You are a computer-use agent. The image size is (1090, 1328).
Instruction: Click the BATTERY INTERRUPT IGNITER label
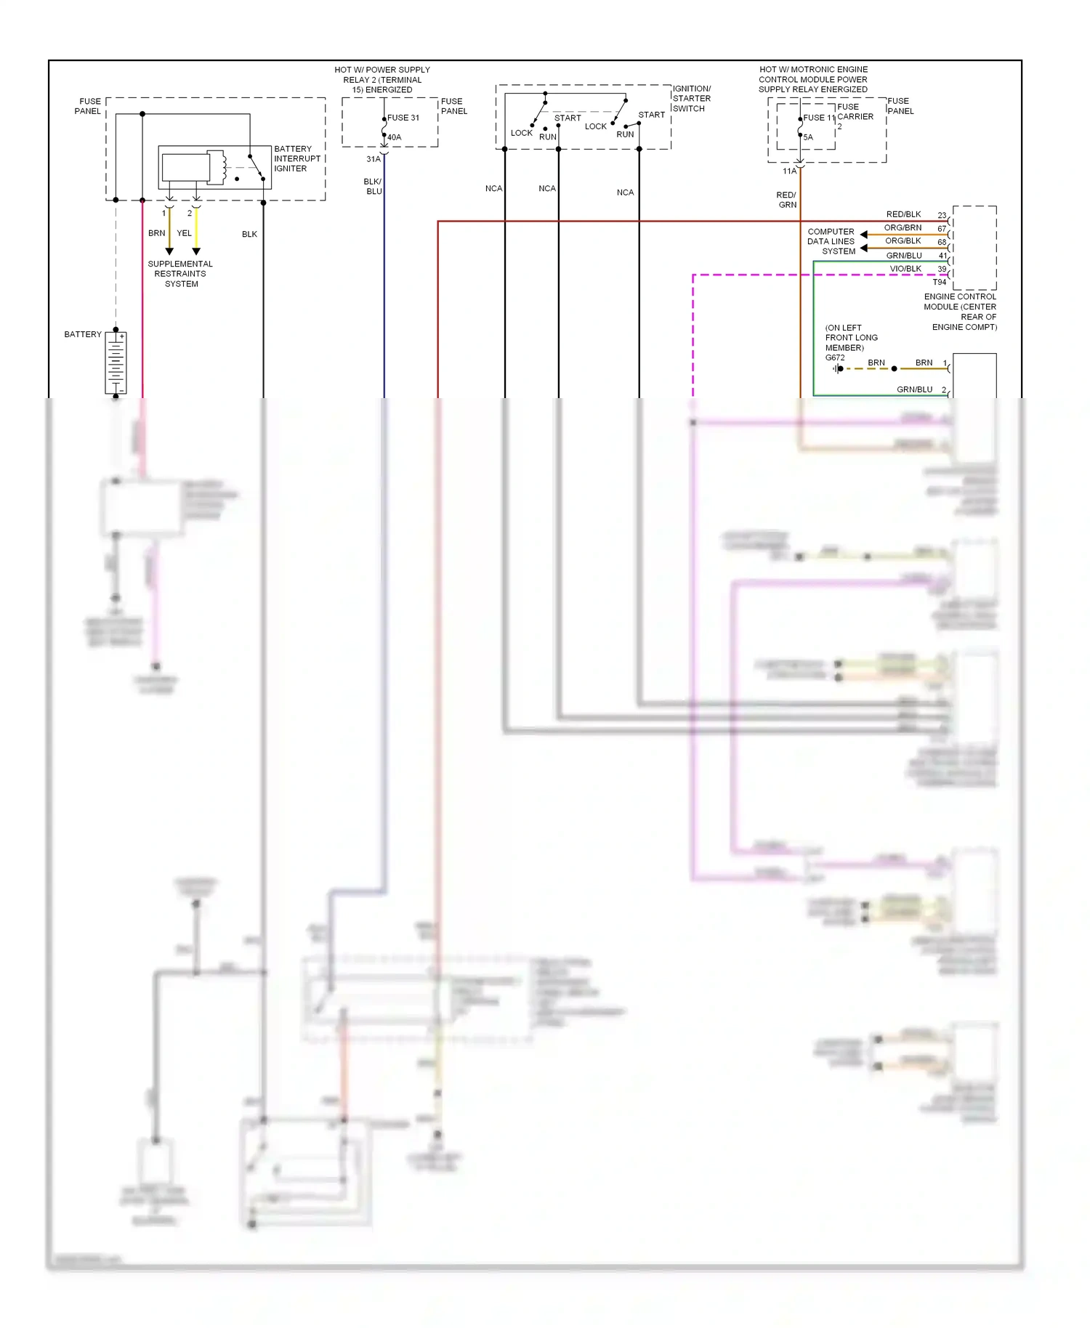tap(296, 158)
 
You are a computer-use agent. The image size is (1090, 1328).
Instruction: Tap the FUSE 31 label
tap(403, 118)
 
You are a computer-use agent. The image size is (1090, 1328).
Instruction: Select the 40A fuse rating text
tap(394, 137)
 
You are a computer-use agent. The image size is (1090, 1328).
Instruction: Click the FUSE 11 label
tap(819, 118)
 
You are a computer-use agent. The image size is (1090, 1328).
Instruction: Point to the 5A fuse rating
tap(808, 137)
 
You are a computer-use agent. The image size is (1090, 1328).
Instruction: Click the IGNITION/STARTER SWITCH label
tap(691, 99)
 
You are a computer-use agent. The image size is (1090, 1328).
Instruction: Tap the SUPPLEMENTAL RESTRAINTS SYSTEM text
tap(180, 274)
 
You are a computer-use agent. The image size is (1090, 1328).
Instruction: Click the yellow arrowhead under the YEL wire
tap(196, 251)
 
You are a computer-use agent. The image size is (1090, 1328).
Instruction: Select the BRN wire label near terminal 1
tap(156, 233)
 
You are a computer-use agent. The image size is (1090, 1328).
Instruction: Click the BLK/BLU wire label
tap(374, 187)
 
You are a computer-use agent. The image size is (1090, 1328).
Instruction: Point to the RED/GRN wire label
tap(786, 200)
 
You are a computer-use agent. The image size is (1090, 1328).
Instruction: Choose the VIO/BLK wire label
tap(905, 269)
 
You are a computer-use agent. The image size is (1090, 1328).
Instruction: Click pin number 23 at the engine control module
tap(942, 215)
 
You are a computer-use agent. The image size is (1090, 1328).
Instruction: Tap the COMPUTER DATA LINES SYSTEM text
tap(831, 241)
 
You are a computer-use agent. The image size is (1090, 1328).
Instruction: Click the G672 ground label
tap(835, 357)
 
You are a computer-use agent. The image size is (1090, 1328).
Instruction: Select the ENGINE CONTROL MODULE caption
tap(960, 312)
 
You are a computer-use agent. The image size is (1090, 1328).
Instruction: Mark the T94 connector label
tap(940, 282)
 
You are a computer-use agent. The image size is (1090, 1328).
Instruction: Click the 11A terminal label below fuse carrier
tap(789, 171)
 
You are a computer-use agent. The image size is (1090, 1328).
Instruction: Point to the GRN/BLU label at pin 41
tap(903, 256)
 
